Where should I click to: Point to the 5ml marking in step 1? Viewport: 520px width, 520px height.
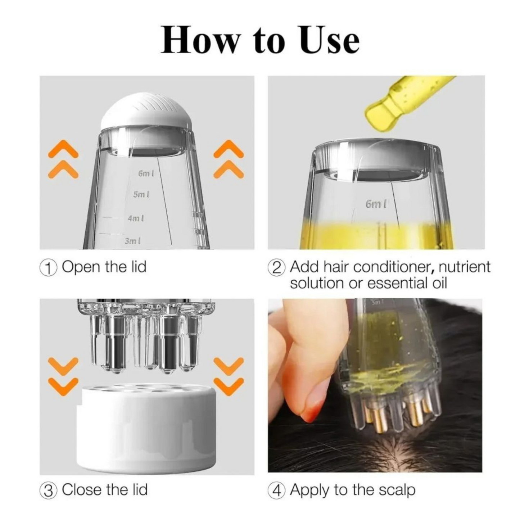click(x=141, y=194)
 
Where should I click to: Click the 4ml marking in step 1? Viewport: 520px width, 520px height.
click(x=136, y=218)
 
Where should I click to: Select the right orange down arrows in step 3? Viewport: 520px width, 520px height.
click(x=229, y=376)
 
